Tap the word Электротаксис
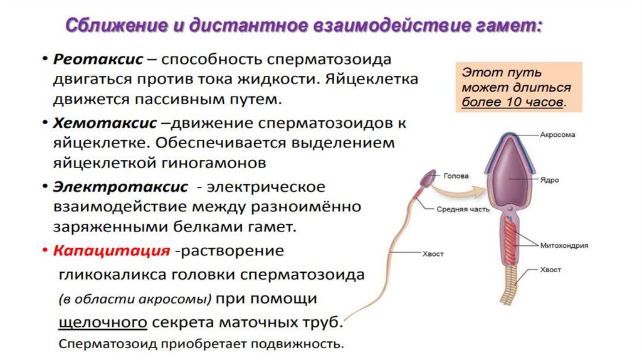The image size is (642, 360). click(120, 187)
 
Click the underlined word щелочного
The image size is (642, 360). click(103, 322)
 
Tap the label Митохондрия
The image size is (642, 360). click(564, 246)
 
